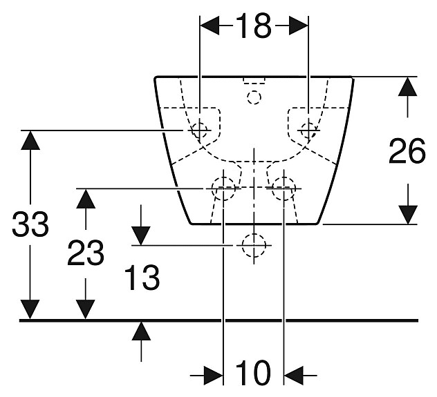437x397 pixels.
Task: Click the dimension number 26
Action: click(407, 152)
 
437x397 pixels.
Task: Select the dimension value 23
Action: click(85, 253)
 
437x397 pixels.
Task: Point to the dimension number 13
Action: click(142, 278)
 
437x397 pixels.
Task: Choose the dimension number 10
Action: click(252, 374)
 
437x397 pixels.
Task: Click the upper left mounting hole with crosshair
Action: click(199, 128)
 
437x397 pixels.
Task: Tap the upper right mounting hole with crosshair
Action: click(308, 128)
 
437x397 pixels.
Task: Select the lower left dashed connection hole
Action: click(223, 186)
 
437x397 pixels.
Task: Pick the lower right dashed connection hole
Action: click(283, 186)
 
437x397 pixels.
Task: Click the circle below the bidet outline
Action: click(254, 244)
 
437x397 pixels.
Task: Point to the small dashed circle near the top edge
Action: click(254, 97)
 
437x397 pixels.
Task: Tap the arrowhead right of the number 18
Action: click(298, 26)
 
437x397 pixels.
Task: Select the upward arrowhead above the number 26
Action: click(407, 87)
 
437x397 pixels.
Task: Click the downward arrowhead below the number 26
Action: click(407, 214)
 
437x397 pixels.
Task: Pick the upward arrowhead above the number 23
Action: click(85, 199)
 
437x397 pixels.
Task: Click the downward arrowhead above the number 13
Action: click(141, 234)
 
